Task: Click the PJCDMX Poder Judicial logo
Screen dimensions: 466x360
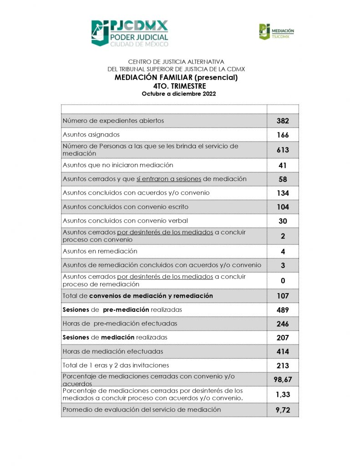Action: click(130, 33)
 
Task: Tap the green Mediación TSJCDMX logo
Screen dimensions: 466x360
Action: click(277, 31)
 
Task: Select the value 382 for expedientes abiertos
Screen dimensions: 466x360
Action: click(283, 121)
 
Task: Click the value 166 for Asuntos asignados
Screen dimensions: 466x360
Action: click(283, 135)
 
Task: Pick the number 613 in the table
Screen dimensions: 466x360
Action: click(283, 150)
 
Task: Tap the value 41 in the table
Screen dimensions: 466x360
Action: click(283, 166)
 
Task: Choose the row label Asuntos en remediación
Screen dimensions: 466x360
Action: click(100, 251)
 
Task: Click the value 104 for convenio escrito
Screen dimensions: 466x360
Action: click(283, 207)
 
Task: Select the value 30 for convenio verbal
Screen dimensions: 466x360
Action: click(283, 221)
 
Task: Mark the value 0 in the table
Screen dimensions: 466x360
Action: click(283, 281)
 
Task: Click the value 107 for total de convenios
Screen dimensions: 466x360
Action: click(283, 296)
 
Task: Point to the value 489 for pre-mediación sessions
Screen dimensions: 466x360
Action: click(283, 310)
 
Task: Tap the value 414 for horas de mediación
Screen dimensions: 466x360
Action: click(283, 352)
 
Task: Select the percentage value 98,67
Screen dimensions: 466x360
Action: click(283, 379)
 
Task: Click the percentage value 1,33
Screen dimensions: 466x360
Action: click(283, 395)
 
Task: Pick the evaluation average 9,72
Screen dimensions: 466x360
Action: click(283, 410)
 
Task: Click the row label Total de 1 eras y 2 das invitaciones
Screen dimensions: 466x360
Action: click(116, 365)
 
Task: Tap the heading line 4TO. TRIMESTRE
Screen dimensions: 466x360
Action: click(180, 86)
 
